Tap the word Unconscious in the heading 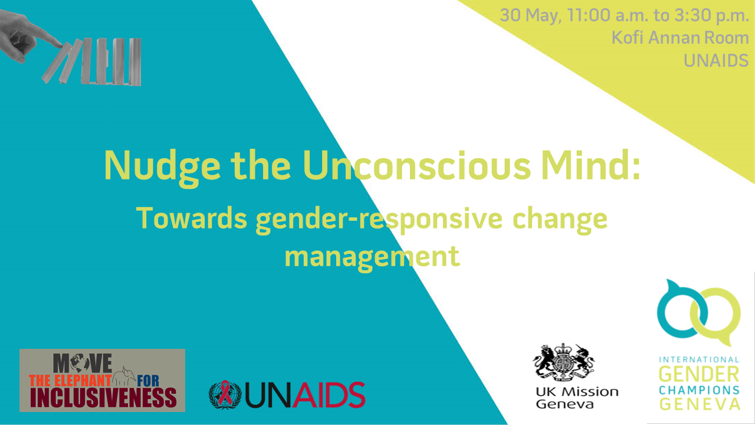[x=416, y=165]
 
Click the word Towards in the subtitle [x=192, y=218]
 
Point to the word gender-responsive [x=379, y=220]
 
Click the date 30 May [x=530, y=15]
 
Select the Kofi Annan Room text [x=680, y=37]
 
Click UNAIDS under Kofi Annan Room [x=716, y=61]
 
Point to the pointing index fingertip [x=60, y=45]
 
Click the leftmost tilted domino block [x=56, y=63]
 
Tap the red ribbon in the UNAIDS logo [x=225, y=393]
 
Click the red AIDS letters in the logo [x=329, y=395]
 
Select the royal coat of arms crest [x=564, y=362]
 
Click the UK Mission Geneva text [x=577, y=398]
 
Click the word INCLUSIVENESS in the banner [x=103, y=398]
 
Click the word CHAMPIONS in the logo [x=699, y=390]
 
